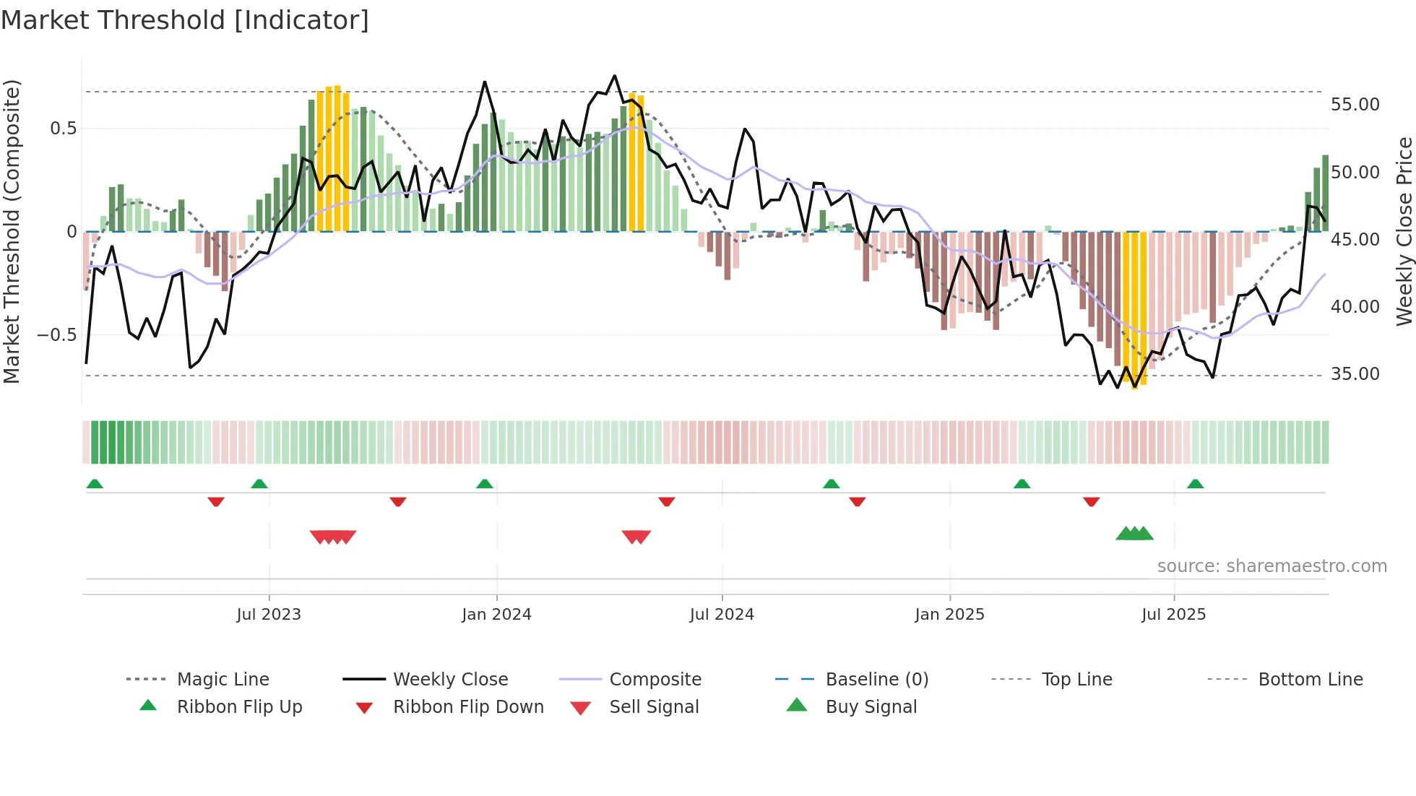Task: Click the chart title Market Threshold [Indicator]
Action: [185, 20]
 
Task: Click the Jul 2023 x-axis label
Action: [269, 615]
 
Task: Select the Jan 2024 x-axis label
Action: [496, 615]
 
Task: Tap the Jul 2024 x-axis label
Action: [722, 615]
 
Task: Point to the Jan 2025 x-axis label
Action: [949, 615]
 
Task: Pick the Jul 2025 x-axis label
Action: [1174, 615]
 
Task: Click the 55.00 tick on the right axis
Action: [1355, 105]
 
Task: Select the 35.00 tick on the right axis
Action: [1355, 374]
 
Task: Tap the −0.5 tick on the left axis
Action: [56, 335]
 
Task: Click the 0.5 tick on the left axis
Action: [63, 129]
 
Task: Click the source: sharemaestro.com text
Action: [1272, 566]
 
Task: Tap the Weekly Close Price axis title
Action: [1404, 231]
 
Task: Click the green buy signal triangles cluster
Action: [1134, 534]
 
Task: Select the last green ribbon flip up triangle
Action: [1195, 484]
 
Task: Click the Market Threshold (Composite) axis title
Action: [12, 231]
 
